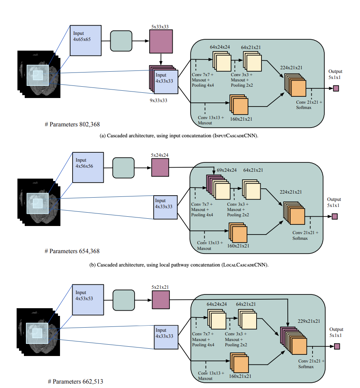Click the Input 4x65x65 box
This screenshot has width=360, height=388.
coord(85,41)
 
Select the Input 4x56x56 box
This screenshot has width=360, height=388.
coord(87,167)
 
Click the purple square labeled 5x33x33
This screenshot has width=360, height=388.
coord(161,42)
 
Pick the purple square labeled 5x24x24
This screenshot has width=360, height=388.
coord(160,167)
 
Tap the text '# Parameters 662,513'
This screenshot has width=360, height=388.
coord(73,382)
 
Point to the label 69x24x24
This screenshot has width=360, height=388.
coord(227,170)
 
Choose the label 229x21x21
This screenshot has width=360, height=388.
coord(309,321)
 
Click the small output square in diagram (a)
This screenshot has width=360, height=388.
coord(336,88)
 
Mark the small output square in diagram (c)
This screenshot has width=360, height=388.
coord(336,346)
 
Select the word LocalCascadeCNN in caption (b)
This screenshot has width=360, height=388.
coord(243,265)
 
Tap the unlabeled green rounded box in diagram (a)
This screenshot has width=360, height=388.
coord(122,41)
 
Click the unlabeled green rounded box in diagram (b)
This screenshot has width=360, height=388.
coord(123,167)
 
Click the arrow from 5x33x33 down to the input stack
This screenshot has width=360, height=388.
coord(161,60)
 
